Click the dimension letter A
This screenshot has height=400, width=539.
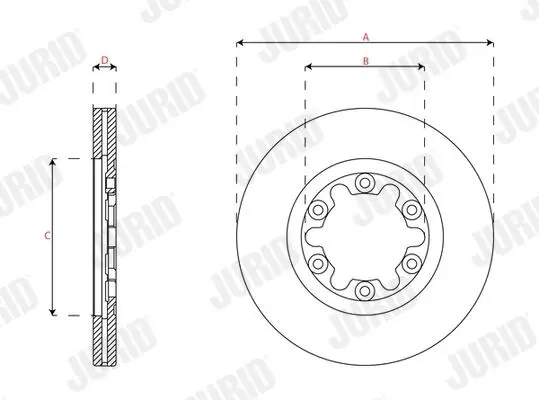[x=366, y=37]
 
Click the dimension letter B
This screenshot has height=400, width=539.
[x=366, y=61]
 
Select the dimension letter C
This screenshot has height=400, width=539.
[x=48, y=236]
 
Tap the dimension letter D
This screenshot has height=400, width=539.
[x=105, y=60]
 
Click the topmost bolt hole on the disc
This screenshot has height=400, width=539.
[x=365, y=182]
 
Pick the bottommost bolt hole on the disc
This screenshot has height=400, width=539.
[x=365, y=291]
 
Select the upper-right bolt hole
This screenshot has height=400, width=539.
[x=412, y=209]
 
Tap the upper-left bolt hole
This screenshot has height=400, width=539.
[x=318, y=209]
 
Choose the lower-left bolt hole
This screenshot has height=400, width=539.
[x=318, y=264]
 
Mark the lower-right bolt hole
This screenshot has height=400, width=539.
[x=412, y=264]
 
